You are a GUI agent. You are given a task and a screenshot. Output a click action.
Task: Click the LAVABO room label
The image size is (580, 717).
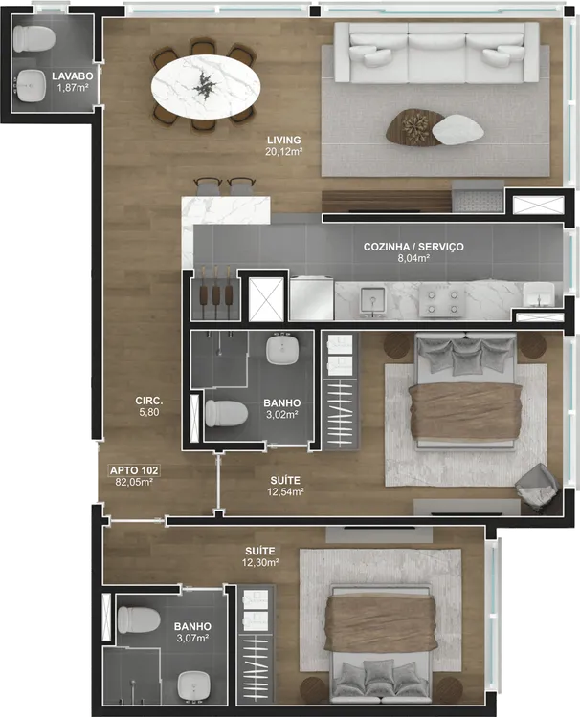point(73,76)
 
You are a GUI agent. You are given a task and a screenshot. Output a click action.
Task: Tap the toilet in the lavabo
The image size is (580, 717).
point(33,38)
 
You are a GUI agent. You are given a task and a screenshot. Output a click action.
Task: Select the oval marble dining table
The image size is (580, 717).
point(207,84)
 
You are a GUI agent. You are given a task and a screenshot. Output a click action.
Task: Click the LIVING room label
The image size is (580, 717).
point(284,140)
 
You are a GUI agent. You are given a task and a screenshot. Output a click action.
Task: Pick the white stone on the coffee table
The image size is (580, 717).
point(457,130)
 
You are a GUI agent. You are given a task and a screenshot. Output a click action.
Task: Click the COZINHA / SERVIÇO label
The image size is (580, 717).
point(413,247)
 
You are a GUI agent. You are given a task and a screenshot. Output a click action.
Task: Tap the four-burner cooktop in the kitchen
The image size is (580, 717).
point(442,302)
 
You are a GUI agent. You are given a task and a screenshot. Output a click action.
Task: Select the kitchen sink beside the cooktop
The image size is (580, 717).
point(373,301)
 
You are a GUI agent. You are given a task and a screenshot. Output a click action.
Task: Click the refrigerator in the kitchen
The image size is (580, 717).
point(311,297)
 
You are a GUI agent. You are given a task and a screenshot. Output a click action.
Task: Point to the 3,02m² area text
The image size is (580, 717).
point(282,415)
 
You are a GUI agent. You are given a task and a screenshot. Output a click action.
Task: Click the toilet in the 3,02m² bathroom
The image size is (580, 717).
point(226,413)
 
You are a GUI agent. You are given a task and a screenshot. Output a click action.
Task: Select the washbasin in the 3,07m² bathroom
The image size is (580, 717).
point(192,686)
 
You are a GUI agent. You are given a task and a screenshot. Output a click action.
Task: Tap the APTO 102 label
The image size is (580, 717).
point(134,470)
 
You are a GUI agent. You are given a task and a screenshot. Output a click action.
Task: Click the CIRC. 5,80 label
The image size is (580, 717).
point(149,406)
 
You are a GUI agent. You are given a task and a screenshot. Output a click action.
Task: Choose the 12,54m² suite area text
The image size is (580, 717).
point(285,492)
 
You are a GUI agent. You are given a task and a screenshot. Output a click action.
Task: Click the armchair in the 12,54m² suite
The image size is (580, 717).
point(538,488)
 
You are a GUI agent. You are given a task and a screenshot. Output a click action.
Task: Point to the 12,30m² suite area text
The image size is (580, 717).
point(260,562)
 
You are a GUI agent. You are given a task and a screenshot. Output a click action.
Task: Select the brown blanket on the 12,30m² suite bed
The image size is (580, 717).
point(380,623)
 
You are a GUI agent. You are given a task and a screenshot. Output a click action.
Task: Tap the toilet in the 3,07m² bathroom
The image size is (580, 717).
point(138,619)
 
